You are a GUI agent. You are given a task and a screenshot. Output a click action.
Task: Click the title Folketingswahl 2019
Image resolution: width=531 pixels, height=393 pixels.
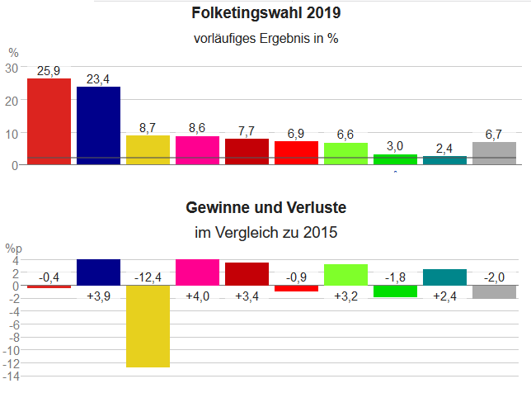click(x=265, y=13)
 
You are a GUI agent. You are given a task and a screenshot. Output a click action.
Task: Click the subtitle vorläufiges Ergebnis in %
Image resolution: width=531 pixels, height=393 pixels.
click(x=265, y=38)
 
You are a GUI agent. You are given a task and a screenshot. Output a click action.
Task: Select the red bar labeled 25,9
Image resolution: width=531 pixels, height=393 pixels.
click(x=49, y=121)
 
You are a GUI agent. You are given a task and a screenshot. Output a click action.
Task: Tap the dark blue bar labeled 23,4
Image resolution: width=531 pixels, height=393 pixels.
click(x=98, y=125)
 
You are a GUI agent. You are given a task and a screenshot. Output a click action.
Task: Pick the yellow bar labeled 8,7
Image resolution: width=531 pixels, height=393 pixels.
click(x=148, y=150)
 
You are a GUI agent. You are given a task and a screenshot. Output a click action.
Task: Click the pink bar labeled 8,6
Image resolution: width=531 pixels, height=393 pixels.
click(x=197, y=150)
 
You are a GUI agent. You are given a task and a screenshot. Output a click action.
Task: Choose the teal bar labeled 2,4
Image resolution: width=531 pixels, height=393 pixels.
click(x=444, y=160)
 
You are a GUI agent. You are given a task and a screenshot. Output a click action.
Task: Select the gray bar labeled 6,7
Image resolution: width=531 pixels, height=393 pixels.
click(x=494, y=154)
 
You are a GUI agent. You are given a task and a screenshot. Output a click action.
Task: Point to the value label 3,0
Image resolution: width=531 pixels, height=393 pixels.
click(x=395, y=146)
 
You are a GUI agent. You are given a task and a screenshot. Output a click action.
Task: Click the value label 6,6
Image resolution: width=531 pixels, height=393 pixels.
click(x=345, y=135)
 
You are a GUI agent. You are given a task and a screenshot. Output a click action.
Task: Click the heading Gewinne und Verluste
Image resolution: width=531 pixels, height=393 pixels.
click(x=265, y=206)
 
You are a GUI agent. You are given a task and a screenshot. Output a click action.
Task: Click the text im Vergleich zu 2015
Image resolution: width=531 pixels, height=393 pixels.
click(x=265, y=233)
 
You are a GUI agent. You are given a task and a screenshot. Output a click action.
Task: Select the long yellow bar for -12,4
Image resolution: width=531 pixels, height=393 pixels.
click(x=148, y=326)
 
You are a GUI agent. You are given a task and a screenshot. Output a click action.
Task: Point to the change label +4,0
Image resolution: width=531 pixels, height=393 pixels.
click(x=197, y=296)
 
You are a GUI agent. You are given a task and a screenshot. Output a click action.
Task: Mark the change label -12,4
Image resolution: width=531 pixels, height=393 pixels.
click(x=148, y=276)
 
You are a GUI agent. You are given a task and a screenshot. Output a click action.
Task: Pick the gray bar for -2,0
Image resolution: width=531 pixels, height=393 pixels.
click(x=494, y=292)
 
